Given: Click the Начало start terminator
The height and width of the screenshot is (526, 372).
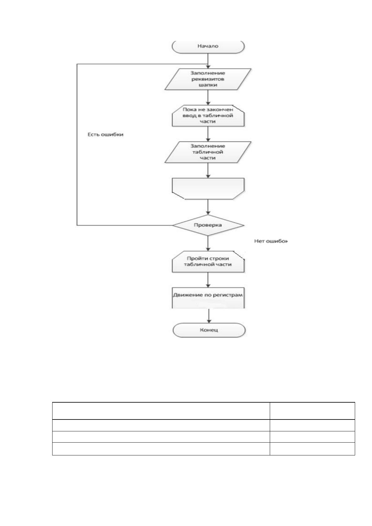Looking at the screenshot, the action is pyautogui.click(x=208, y=47).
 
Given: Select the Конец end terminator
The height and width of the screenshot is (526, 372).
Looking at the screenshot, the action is pyautogui.click(x=209, y=330).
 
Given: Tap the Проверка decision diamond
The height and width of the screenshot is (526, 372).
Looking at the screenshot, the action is pyautogui.click(x=208, y=225).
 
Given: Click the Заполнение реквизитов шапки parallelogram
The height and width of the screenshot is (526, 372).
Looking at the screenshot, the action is pyautogui.click(x=208, y=79).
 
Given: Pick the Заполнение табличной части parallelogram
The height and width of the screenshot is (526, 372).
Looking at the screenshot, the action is pyautogui.click(x=208, y=152).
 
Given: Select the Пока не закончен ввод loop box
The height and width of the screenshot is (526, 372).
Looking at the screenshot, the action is pyautogui.click(x=208, y=116).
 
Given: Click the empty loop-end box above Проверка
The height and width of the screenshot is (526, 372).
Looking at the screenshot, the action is pyautogui.click(x=208, y=189).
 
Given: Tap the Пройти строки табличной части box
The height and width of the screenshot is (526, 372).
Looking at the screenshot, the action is pyautogui.click(x=208, y=261).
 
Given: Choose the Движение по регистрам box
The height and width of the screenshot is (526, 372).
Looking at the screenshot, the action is pyautogui.click(x=208, y=298).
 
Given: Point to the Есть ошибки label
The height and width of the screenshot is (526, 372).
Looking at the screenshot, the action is pyautogui.click(x=106, y=135).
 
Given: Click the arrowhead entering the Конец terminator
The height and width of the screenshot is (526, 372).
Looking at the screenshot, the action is pyautogui.click(x=209, y=321).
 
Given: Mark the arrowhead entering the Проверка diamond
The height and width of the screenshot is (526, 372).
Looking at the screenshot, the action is pyautogui.click(x=208, y=213).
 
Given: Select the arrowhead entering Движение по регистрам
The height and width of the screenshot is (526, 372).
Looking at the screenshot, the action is pyautogui.click(x=208, y=285).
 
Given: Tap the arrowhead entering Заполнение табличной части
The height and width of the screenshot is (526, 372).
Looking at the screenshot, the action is pyautogui.click(x=208, y=140).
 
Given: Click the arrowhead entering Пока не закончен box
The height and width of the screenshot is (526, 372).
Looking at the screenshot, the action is pyautogui.click(x=208, y=103).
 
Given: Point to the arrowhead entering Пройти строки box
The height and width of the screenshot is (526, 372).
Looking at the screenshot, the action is pyautogui.click(x=208, y=249).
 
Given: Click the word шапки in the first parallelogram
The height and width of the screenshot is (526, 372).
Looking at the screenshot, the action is pyautogui.click(x=208, y=85).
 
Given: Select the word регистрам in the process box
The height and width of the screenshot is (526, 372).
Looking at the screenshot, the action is pyautogui.click(x=228, y=295).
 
